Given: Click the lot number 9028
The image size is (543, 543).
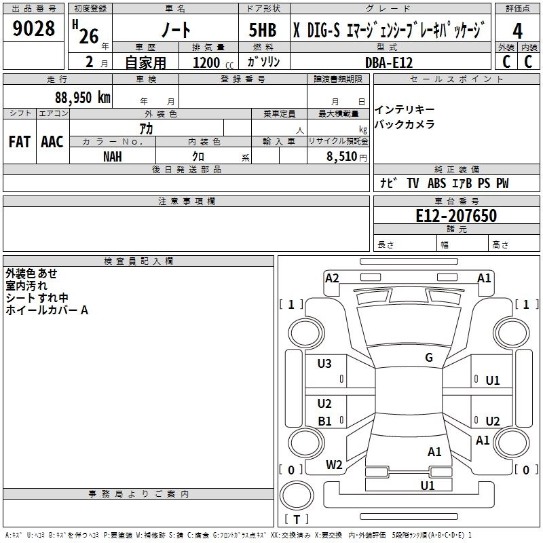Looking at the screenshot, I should tap(34, 30).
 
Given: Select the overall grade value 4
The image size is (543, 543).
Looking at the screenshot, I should tap(517, 31).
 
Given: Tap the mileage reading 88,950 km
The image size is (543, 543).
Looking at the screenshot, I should tap(82, 98).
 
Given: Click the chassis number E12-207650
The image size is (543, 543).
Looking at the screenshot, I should tap(456, 217).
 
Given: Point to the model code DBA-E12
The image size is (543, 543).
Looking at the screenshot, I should tap(388, 62).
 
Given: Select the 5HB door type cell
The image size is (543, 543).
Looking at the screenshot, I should tap(263, 31).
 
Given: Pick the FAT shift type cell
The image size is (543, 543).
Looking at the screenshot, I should tap(19, 142).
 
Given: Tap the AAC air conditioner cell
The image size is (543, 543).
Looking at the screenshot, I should tap(52, 142).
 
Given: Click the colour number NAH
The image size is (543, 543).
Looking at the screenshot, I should tap(113, 155).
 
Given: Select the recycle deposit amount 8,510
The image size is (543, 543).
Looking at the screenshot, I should tap(341, 156).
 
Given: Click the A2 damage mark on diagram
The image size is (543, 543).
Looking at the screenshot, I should tap(332, 278).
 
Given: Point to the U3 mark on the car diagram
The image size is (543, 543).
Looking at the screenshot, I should tap(324, 364).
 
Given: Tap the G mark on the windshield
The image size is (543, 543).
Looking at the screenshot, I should tap(428, 358).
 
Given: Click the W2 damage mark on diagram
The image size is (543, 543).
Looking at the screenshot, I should tap(334, 464).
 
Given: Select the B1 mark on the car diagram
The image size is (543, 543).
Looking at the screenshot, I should tap(325, 421).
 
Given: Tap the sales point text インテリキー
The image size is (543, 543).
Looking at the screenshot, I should tap(405, 110).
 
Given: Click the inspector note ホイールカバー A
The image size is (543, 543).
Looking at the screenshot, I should tap(47, 310).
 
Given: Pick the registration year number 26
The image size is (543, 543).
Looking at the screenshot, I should tap(89, 36).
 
